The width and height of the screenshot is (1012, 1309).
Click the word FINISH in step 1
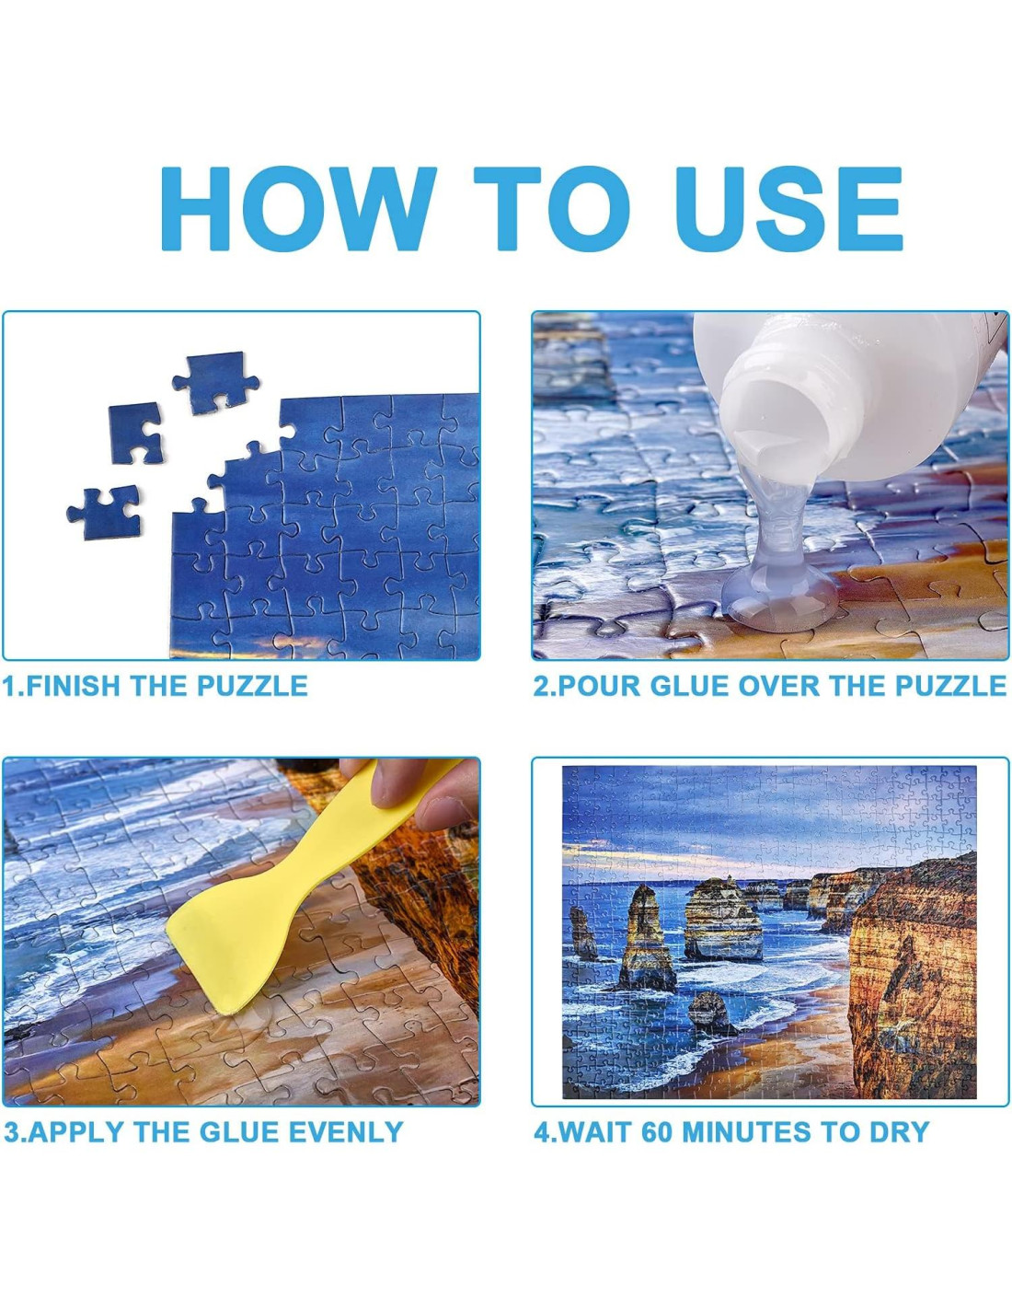click(x=75, y=686)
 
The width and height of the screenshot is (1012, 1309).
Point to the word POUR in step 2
click(x=598, y=686)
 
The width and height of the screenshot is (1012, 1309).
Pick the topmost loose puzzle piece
click(x=215, y=383)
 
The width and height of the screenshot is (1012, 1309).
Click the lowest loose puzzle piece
click(x=106, y=512)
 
